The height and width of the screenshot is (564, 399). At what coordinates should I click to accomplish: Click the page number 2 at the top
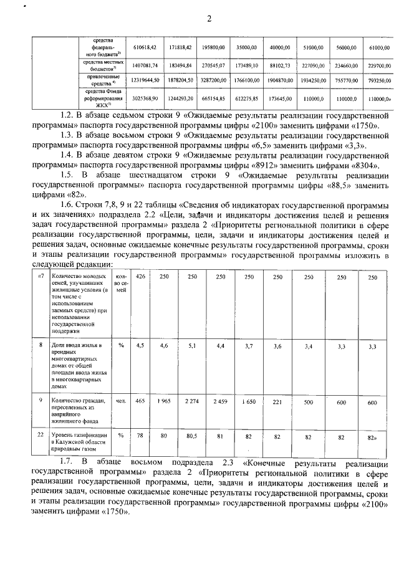pyautogui.click(x=209, y=19)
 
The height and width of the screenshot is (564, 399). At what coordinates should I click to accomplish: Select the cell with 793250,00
pyautogui.click(x=380, y=80)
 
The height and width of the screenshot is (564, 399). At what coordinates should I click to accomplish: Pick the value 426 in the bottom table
pyautogui.click(x=140, y=277)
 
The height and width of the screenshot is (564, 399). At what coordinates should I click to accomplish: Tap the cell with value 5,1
pyautogui.click(x=192, y=345)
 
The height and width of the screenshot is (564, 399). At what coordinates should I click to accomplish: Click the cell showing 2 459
pyautogui.click(x=221, y=402)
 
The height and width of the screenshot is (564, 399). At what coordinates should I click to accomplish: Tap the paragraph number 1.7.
pyautogui.click(x=68, y=462)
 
